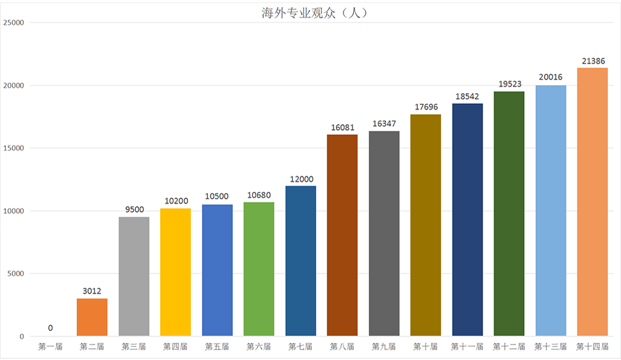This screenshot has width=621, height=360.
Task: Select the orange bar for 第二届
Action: (x=92, y=317)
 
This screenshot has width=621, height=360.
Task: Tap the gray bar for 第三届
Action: (x=134, y=276)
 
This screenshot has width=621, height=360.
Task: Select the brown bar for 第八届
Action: (x=342, y=235)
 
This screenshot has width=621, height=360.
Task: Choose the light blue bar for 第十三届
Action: (x=551, y=210)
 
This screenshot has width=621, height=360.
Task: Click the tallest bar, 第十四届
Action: (x=592, y=202)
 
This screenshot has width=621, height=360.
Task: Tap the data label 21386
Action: (x=592, y=61)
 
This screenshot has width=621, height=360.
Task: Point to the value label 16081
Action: (x=342, y=127)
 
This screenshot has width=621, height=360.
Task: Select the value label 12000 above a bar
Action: (x=301, y=179)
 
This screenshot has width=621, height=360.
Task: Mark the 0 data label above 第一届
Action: (x=50, y=328)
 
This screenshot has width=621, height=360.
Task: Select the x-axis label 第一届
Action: (x=50, y=346)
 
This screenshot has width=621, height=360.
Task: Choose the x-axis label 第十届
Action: (x=425, y=346)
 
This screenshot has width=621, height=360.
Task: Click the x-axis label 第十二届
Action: (x=509, y=346)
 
